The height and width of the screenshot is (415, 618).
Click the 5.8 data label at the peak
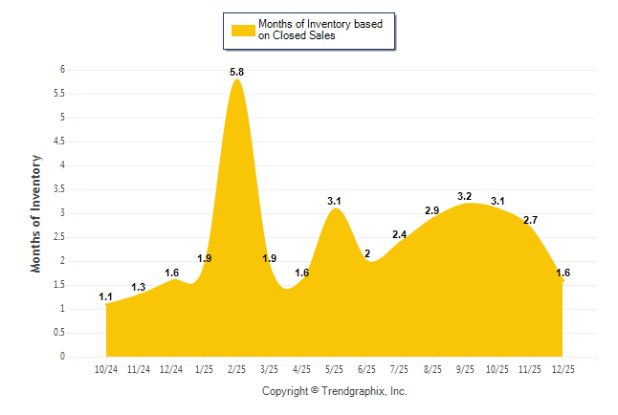click(x=237, y=72)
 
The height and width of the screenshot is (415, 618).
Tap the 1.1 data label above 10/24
click(x=106, y=296)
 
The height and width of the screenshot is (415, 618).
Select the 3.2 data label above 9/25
click(x=465, y=196)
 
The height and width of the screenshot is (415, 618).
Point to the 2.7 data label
click(x=530, y=220)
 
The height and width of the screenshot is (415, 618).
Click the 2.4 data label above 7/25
click(x=400, y=234)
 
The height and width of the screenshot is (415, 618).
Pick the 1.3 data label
click(x=139, y=287)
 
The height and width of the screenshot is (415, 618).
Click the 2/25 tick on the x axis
click(x=237, y=368)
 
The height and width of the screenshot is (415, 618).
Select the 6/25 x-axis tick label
click(x=367, y=368)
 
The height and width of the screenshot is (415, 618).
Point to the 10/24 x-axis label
click(x=106, y=368)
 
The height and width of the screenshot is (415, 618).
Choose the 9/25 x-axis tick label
click(x=465, y=368)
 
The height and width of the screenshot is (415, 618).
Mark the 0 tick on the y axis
click(x=62, y=357)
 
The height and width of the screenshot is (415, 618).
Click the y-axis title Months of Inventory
click(x=36, y=213)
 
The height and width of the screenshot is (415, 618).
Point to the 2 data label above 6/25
click(x=367, y=253)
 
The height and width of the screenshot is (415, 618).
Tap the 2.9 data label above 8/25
click(x=432, y=210)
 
